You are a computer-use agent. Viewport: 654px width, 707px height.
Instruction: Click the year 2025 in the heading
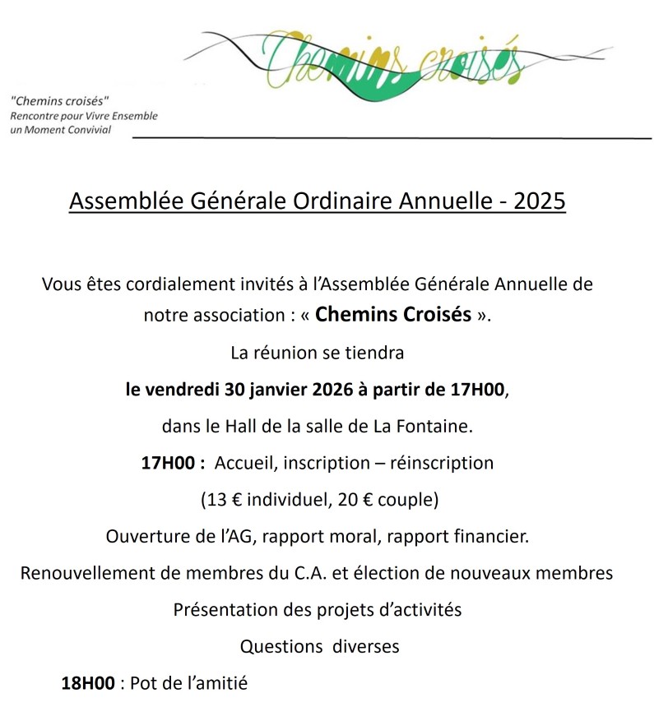(x=540, y=202)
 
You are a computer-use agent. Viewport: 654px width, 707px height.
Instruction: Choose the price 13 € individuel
(x=258, y=500)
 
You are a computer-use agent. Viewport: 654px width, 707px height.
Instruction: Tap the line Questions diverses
(x=319, y=647)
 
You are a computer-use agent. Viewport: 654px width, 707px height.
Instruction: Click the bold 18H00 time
(x=88, y=683)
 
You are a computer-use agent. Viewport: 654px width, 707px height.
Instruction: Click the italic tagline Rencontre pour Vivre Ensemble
(x=84, y=116)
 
